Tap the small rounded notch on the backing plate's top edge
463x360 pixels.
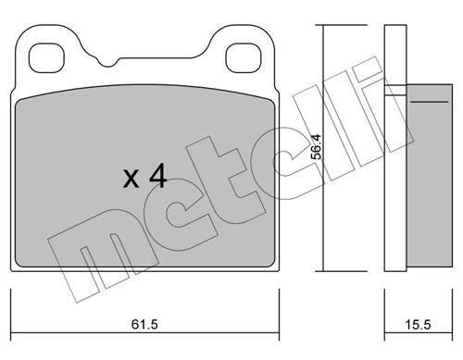(x=112, y=66)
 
